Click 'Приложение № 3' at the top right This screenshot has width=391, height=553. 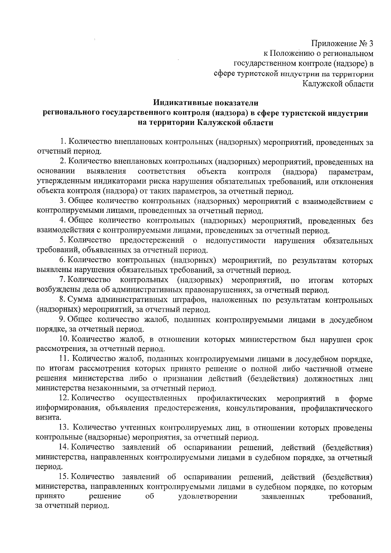(342, 43)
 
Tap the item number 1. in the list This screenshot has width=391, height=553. (63, 142)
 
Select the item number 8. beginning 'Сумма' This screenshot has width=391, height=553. (63, 300)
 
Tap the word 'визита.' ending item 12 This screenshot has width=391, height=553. (48, 417)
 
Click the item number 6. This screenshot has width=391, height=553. (63, 260)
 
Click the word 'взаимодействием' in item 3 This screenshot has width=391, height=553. (337, 201)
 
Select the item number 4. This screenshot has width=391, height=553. (63, 221)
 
